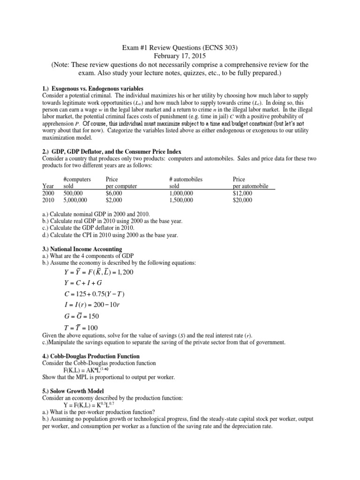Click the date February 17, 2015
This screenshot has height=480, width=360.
[x=180, y=56]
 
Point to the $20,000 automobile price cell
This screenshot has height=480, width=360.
[x=242, y=200]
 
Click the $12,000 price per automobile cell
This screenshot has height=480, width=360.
[x=242, y=193]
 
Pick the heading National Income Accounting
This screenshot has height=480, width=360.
[x=82, y=249]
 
